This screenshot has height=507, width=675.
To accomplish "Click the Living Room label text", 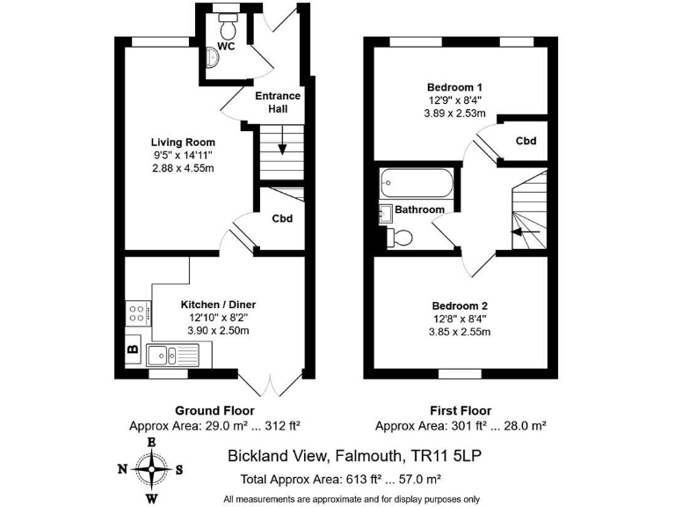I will click(183, 142).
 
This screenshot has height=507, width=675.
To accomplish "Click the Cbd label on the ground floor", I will click(281, 219).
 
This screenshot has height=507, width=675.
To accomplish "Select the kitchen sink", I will click(173, 356).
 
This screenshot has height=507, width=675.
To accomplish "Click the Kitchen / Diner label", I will click(218, 305).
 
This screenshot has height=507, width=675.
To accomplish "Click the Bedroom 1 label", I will click(454, 87).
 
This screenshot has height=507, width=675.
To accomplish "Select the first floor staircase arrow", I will click(526, 231).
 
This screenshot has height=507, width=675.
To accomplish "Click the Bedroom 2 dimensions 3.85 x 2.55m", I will click(457, 332).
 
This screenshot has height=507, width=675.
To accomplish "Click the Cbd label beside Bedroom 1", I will click(526, 141).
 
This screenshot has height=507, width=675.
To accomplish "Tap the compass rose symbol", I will click(151, 469).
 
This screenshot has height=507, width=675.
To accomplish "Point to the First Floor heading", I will click(460, 411).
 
